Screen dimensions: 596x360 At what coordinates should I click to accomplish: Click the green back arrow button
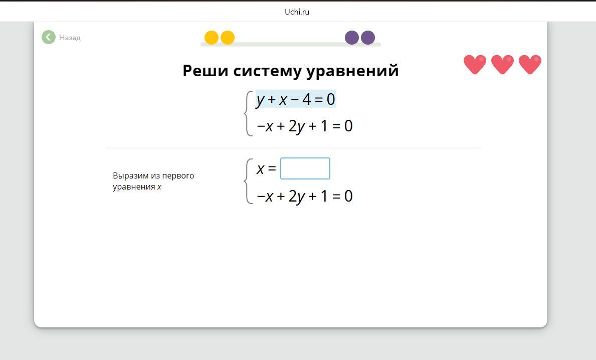48,37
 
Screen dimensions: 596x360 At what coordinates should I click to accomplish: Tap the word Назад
70,38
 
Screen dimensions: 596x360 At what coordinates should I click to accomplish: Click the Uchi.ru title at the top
297,12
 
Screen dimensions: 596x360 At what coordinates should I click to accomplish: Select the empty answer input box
305,168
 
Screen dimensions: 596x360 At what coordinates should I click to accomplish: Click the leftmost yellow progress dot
212,38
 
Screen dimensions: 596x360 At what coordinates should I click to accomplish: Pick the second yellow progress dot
228,38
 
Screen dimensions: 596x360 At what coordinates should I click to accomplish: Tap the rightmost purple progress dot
368,38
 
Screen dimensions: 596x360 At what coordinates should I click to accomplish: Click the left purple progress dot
351,38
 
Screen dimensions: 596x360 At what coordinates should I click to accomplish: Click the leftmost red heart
475,64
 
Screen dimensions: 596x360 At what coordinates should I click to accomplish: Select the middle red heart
502,64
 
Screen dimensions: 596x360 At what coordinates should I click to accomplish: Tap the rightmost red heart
530,64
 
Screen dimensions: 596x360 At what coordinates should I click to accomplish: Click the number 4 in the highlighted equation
307,99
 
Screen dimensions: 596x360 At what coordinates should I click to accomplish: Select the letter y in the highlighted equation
260,100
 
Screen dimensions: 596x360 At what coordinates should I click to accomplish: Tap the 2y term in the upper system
297,126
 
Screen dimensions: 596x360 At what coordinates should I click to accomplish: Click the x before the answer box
260,169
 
